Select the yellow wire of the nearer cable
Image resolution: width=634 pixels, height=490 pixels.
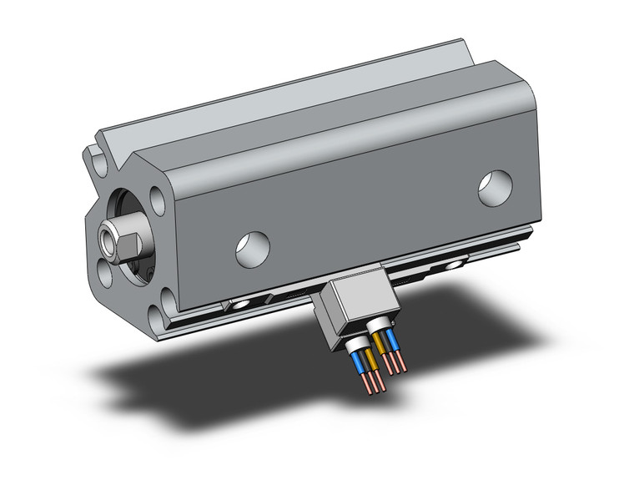tap(372, 356)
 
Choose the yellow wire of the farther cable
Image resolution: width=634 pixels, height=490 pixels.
tap(380, 342)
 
